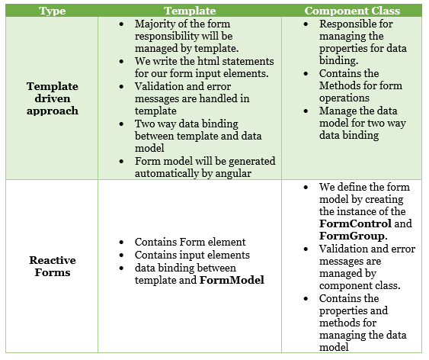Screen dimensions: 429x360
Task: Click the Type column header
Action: pos(53,11)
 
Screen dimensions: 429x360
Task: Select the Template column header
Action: pos(190,11)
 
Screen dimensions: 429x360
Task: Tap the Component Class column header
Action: pos(352,11)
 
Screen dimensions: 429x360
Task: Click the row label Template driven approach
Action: pos(53,98)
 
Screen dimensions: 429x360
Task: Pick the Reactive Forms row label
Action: pos(53,266)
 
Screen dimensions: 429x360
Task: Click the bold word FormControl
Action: pos(355,223)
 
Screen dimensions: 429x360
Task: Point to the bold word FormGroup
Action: pos(351,236)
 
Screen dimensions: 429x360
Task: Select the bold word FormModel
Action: pos(232,280)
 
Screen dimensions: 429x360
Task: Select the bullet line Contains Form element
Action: pos(190,242)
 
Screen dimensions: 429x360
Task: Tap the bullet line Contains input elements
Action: pos(192,256)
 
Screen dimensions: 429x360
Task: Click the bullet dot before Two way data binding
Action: pos(121,124)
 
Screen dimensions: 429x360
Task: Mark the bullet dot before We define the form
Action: pos(306,188)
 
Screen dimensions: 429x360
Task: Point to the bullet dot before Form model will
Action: pos(121,162)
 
